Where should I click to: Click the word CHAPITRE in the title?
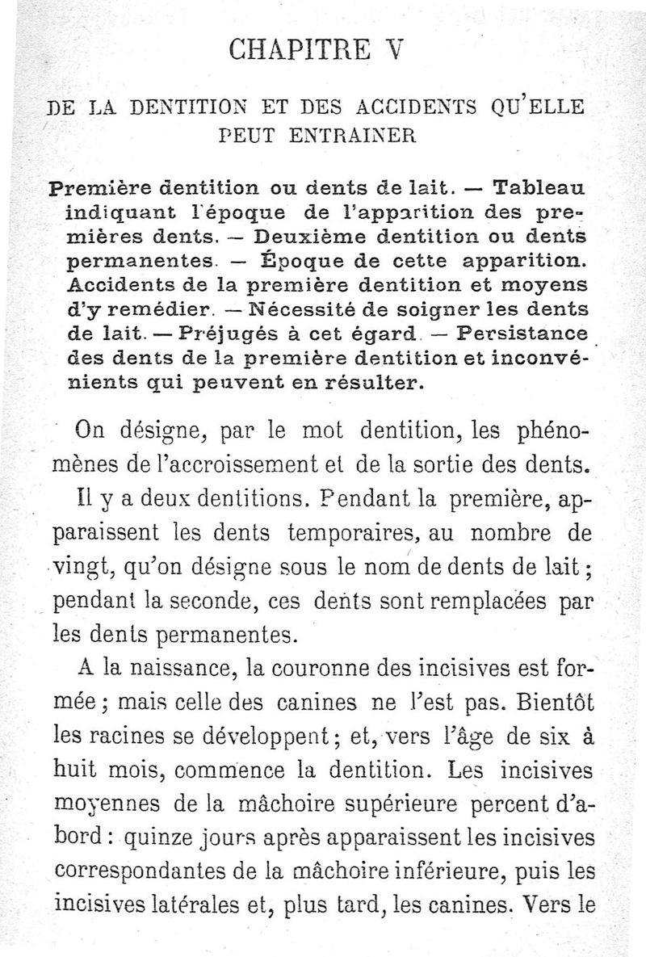[292, 50]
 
